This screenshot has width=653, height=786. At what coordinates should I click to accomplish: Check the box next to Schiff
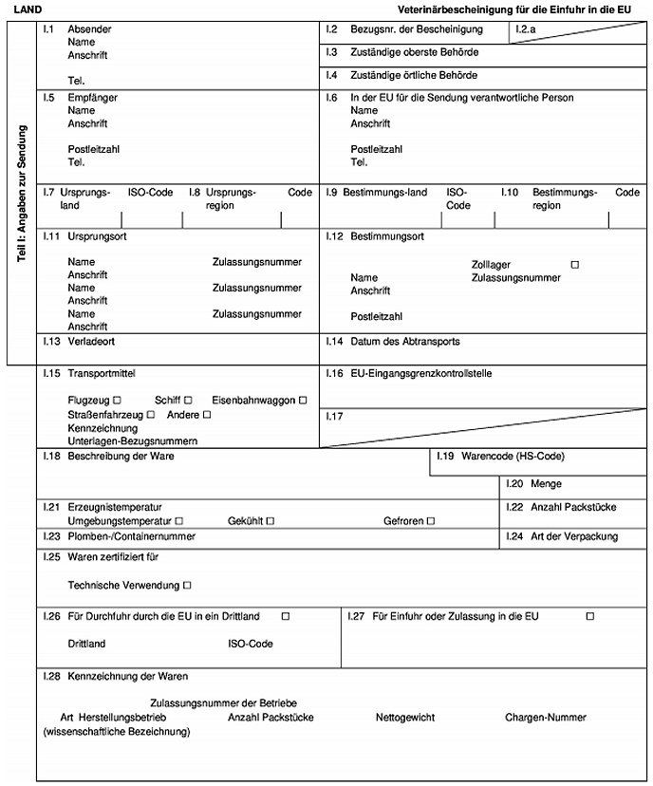coord(188,400)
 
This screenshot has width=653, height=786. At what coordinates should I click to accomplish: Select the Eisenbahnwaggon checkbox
coord(303,400)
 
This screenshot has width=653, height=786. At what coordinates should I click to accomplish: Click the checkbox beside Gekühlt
coord(270,521)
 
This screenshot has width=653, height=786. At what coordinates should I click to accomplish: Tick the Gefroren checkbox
coord(430,521)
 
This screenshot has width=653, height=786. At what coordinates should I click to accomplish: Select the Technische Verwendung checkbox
coord(187,585)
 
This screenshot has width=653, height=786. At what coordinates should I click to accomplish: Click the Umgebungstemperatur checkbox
coord(178,521)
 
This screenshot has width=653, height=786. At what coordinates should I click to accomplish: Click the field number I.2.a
coord(526,29)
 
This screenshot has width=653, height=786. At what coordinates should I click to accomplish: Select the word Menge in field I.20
coord(547,483)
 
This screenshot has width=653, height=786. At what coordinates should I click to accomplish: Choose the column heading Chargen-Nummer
coord(545,718)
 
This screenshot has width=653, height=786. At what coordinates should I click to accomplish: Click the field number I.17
coord(333,416)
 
